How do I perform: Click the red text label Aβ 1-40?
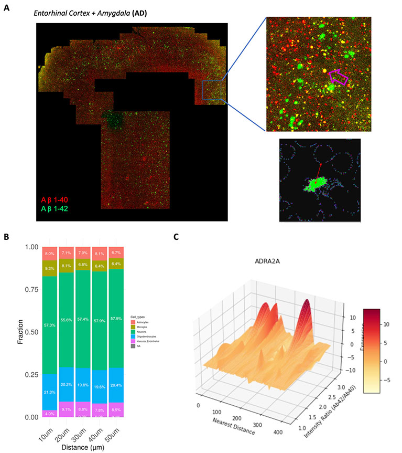pos(52,200)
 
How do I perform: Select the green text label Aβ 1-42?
pos(52,209)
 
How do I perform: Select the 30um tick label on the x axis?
pos(83,431)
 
